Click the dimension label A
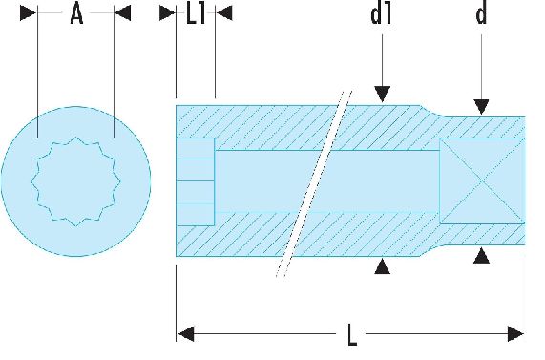(x=76, y=15)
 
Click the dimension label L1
(x=196, y=15)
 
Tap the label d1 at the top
(x=381, y=14)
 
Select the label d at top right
(x=481, y=14)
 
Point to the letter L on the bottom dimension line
(x=352, y=334)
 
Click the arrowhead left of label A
(x=28, y=12)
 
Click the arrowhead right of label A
(x=123, y=12)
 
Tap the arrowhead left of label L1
(x=168, y=12)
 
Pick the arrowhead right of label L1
(x=224, y=12)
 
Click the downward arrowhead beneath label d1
(x=383, y=94)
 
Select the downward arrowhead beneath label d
(x=481, y=106)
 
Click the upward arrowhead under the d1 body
(x=383, y=266)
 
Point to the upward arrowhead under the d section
(x=481, y=255)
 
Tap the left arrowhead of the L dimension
(x=185, y=334)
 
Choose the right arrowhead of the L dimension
(x=515, y=334)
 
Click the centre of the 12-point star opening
(x=75, y=181)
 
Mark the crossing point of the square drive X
(x=482, y=181)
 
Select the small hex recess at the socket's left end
(x=196, y=181)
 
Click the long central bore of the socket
(x=326, y=181)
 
